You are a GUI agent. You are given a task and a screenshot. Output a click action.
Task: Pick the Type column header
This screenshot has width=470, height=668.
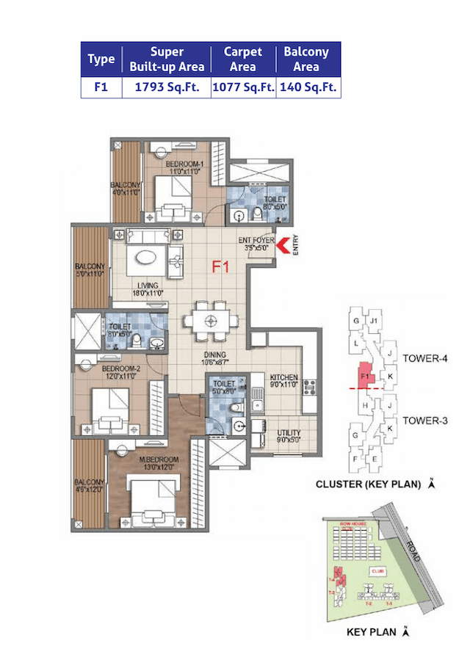tap(101, 59)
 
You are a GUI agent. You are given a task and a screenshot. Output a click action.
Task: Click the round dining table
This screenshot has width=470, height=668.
tap(211, 320)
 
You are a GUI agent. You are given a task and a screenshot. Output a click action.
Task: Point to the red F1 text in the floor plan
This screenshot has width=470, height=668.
tap(220, 267)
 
